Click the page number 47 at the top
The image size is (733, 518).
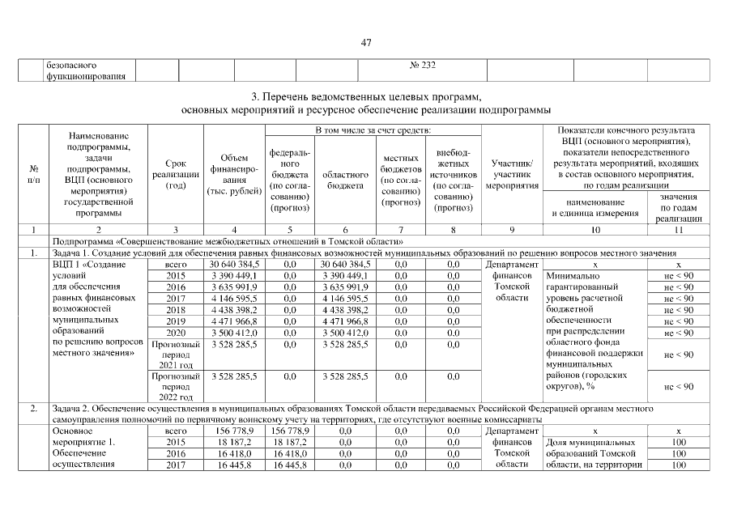tap(366, 43)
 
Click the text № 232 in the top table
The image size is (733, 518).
tap(424, 65)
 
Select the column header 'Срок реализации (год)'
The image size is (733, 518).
tap(176, 174)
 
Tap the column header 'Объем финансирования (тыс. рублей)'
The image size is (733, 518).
tap(234, 174)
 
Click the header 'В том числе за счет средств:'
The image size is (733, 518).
tap(373, 129)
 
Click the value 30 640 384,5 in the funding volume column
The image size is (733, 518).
tap(234, 265)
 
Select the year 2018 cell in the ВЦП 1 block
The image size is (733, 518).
tap(176, 310)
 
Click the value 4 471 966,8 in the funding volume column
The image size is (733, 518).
tap(234, 321)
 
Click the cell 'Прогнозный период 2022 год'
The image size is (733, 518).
tap(176, 387)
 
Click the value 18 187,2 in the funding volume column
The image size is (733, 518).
tap(234, 444)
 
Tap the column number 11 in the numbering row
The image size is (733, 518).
tap(678, 230)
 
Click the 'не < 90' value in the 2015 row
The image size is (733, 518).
tap(678, 276)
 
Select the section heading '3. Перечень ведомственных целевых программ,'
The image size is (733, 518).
tap(366, 96)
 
